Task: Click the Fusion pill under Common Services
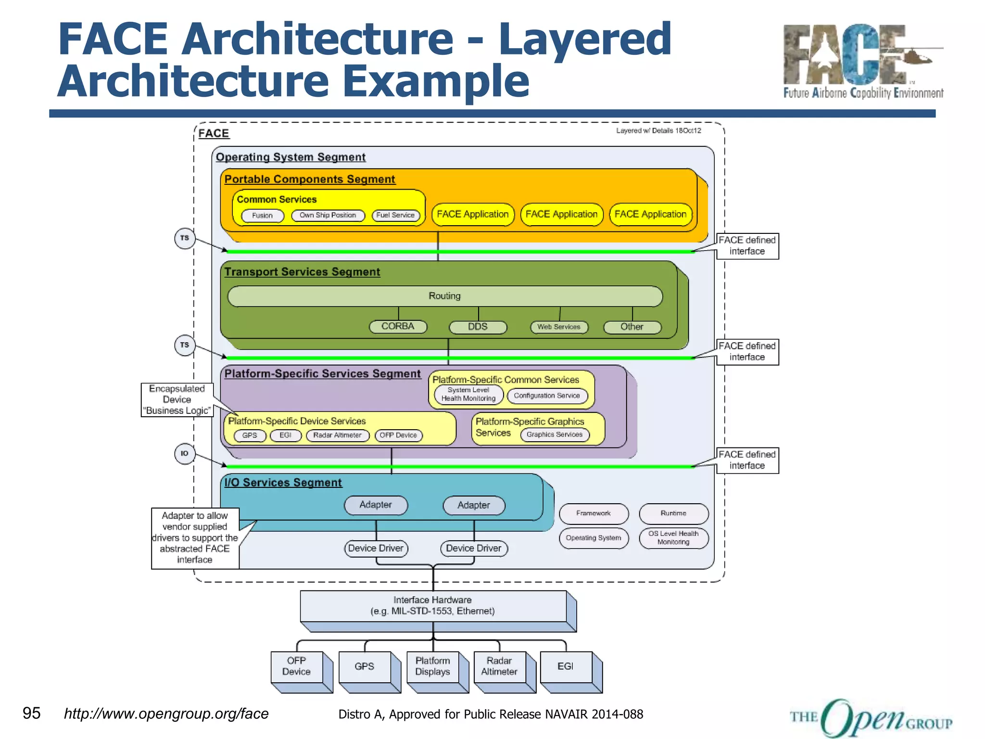tap(262, 216)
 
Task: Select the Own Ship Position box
tap(328, 215)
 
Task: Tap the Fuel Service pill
tap(395, 215)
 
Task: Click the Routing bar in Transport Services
tap(444, 296)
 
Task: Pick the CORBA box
tap(398, 326)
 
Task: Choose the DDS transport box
tap(478, 327)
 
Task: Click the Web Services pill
tap(559, 327)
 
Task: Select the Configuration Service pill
tap(547, 395)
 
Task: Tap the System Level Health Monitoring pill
tap(468, 394)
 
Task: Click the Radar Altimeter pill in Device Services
tap(337, 435)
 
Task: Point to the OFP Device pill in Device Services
tap(398, 435)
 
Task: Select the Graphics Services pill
tap(554, 434)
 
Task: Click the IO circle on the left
tap(185, 453)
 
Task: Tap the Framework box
tap(594, 513)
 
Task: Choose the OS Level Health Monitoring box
tap(673, 537)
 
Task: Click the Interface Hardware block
tap(432, 606)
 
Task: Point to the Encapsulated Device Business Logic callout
tap(177, 399)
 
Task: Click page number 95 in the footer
tap(32, 713)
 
